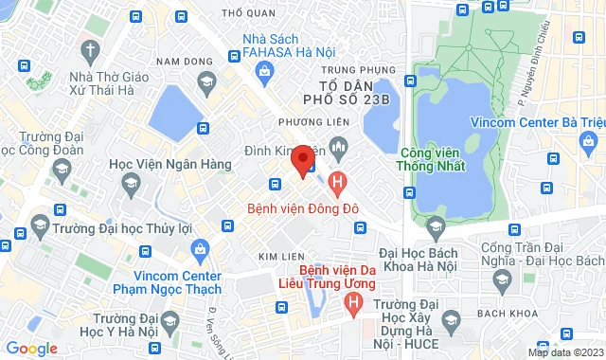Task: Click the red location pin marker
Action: tap(303, 159)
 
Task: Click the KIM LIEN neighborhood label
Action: tap(280, 258)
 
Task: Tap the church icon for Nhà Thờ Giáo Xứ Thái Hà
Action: tap(90, 48)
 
